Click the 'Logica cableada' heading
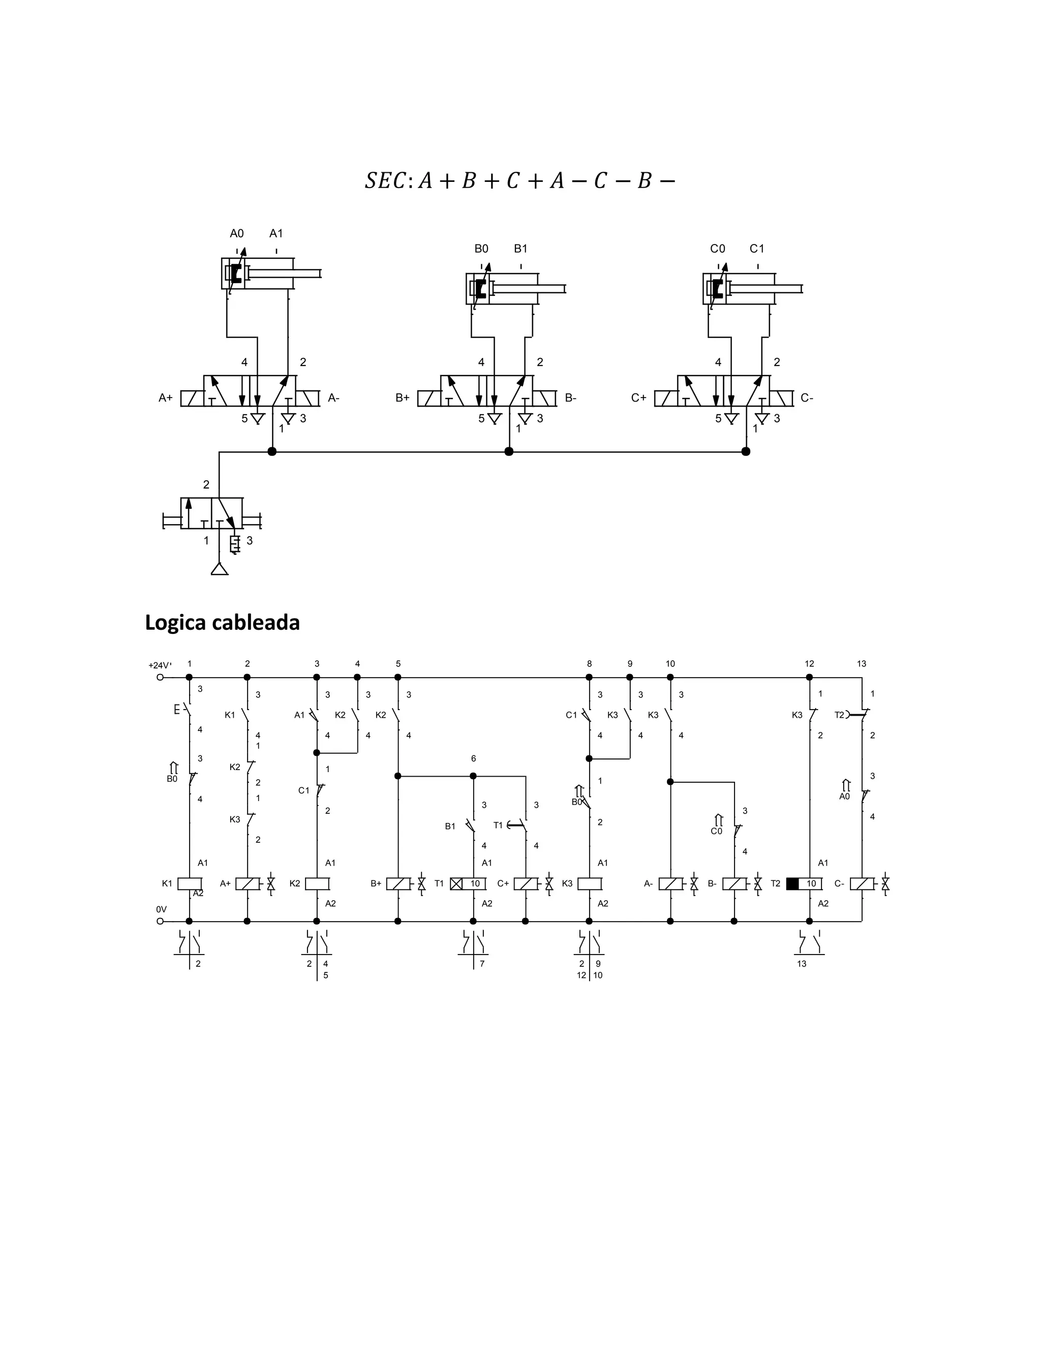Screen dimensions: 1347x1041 (x=222, y=623)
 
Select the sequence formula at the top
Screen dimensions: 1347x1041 (x=520, y=181)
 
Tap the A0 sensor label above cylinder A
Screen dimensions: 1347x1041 (x=237, y=234)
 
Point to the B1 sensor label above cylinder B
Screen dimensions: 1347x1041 (x=520, y=249)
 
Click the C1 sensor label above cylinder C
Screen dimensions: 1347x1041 (x=757, y=249)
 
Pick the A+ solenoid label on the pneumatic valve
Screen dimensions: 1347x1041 (x=165, y=399)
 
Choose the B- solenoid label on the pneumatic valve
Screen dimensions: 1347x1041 (x=570, y=399)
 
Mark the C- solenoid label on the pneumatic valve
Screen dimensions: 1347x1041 (x=807, y=399)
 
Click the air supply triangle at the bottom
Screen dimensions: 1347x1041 (x=220, y=569)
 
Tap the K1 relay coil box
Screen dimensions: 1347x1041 (x=189, y=884)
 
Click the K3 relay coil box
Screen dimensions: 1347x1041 (x=590, y=884)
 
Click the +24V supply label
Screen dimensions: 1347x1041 (x=160, y=665)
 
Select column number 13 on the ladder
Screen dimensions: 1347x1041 (x=862, y=664)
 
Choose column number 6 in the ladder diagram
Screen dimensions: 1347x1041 (x=474, y=758)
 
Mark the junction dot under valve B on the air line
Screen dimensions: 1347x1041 (x=509, y=451)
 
